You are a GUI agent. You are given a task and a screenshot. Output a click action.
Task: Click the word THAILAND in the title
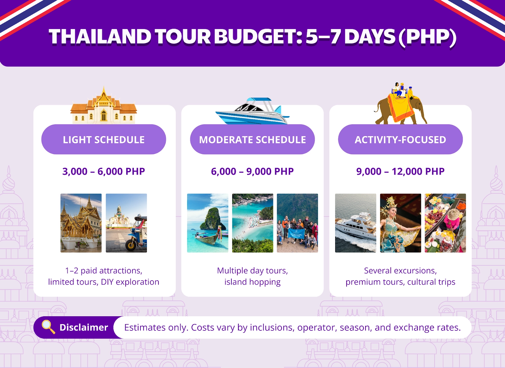[100, 37]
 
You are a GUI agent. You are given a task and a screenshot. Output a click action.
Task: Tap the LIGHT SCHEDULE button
[104, 139]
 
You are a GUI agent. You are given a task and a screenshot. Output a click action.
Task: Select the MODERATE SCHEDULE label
[252, 139]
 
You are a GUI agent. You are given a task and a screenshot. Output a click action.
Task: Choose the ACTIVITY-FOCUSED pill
[400, 139]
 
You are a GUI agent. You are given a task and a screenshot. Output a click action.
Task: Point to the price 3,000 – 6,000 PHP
[104, 171]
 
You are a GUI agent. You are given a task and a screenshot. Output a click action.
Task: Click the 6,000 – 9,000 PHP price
[252, 171]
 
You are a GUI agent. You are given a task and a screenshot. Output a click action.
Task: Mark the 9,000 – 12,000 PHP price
[400, 171]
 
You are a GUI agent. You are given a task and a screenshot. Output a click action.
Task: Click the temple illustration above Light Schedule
[104, 107]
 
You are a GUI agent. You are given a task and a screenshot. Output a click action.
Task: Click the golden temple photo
[81, 223]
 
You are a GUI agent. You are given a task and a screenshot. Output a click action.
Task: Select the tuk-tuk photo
[126, 223]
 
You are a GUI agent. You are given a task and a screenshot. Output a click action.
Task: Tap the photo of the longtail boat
[207, 223]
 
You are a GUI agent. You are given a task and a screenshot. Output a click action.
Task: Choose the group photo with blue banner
[297, 223]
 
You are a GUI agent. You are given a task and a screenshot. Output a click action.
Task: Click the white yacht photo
[355, 223]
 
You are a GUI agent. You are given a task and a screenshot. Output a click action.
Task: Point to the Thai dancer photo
[400, 223]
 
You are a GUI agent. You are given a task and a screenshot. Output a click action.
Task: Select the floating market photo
[445, 223]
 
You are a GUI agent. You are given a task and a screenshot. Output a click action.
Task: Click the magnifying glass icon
[48, 327]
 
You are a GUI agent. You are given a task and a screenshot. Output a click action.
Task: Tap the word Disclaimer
[84, 328]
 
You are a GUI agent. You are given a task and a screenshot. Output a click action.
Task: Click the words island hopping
[252, 282]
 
